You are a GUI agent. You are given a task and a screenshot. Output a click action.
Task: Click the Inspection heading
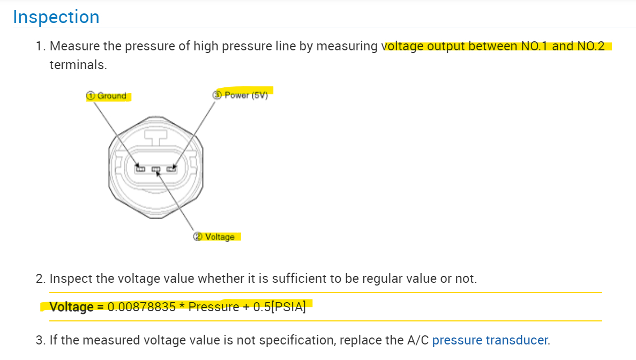click(x=56, y=17)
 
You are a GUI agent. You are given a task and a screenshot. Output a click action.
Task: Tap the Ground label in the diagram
click(x=112, y=96)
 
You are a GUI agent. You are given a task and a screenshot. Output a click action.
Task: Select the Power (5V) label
click(x=246, y=95)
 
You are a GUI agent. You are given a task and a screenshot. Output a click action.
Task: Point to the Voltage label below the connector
click(x=220, y=237)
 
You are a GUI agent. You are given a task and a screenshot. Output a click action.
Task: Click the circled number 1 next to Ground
click(x=91, y=96)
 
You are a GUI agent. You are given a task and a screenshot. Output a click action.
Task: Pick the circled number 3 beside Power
click(x=217, y=95)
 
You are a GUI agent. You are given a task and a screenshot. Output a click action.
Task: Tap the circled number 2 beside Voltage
click(x=198, y=237)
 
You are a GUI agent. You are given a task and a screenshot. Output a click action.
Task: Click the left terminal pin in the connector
click(x=140, y=169)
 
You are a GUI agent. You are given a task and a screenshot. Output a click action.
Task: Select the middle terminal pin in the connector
click(x=156, y=170)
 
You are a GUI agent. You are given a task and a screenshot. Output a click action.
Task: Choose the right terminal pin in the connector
click(x=171, y=169)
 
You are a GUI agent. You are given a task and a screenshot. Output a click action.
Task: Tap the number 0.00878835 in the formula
click(x=141, y=307)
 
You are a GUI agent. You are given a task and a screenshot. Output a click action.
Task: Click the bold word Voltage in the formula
click(x=71, y=307)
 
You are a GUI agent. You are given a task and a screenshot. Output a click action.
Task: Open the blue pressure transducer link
click(x=490, y=340)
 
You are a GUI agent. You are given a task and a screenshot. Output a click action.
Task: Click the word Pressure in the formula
click(x=214, y=307)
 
